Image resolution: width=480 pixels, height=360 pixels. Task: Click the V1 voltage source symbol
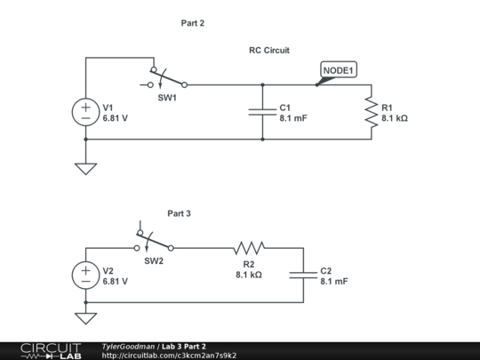(x=85, y=112)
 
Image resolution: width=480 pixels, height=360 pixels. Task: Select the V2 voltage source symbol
(x=85, y=276)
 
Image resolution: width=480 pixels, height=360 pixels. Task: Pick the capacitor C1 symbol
(x=262, y=112)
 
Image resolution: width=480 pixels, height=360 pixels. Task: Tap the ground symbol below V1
(x=85, y=167)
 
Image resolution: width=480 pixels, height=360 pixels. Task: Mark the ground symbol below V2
(x=85, y=317)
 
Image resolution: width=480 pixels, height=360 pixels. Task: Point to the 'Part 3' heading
(x=179, y=213)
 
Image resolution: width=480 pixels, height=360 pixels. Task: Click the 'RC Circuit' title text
(x=268, y=51)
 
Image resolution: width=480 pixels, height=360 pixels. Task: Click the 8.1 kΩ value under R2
(x=249, y=275)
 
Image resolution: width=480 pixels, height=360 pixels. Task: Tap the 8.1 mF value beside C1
(x=293, y=117)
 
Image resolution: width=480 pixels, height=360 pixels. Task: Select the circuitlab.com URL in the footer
(x=169, y=356)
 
